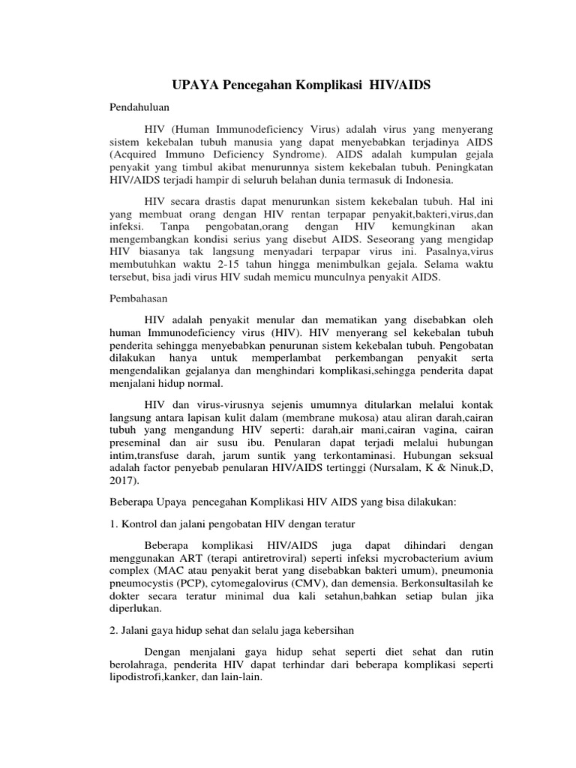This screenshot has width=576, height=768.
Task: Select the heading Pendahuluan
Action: [139, 107]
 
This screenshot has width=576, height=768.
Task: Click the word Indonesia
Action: [437, 181]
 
